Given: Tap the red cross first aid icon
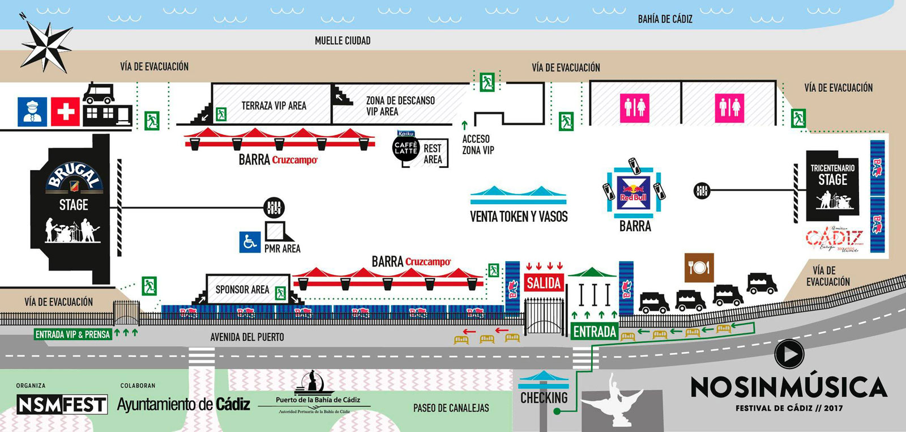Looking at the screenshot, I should tap(65, 111).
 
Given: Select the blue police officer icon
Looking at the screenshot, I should tap(32, 111).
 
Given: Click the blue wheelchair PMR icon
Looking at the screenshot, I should tap(250, 242).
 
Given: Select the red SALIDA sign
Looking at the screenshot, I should tap(544, 283).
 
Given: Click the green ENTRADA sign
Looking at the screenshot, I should tap(595, 332).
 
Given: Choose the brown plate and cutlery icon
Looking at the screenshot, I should tap(699, 267).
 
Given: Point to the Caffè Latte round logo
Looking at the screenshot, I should tap(405, 148).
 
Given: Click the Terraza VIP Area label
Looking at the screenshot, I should tap(273, 106).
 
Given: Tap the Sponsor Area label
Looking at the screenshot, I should tap(242, 290).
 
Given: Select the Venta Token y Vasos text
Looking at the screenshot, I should tap(519, 217).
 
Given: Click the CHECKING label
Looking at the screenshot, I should tap(544, 398).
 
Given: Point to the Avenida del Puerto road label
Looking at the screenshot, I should tap(247, 337).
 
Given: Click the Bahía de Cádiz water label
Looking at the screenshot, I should tap(665, 19).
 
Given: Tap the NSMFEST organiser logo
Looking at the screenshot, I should tap(62, 404).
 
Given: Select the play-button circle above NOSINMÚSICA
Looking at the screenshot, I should tap(789, 354).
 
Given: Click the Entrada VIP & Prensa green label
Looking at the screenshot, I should tap(72, 334).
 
